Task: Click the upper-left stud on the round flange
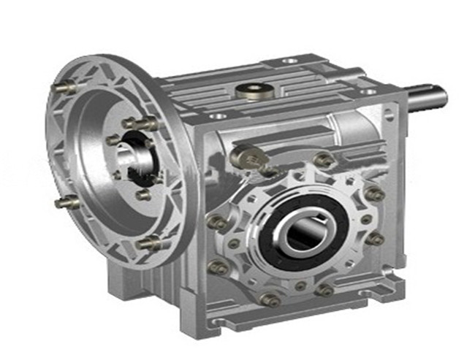tap(64, 88)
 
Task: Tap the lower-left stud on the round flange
tap(66, 201)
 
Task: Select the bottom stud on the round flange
tap(149, 243)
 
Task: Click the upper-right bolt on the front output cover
tap(374, 194)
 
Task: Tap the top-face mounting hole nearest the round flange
tap(216, 116)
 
